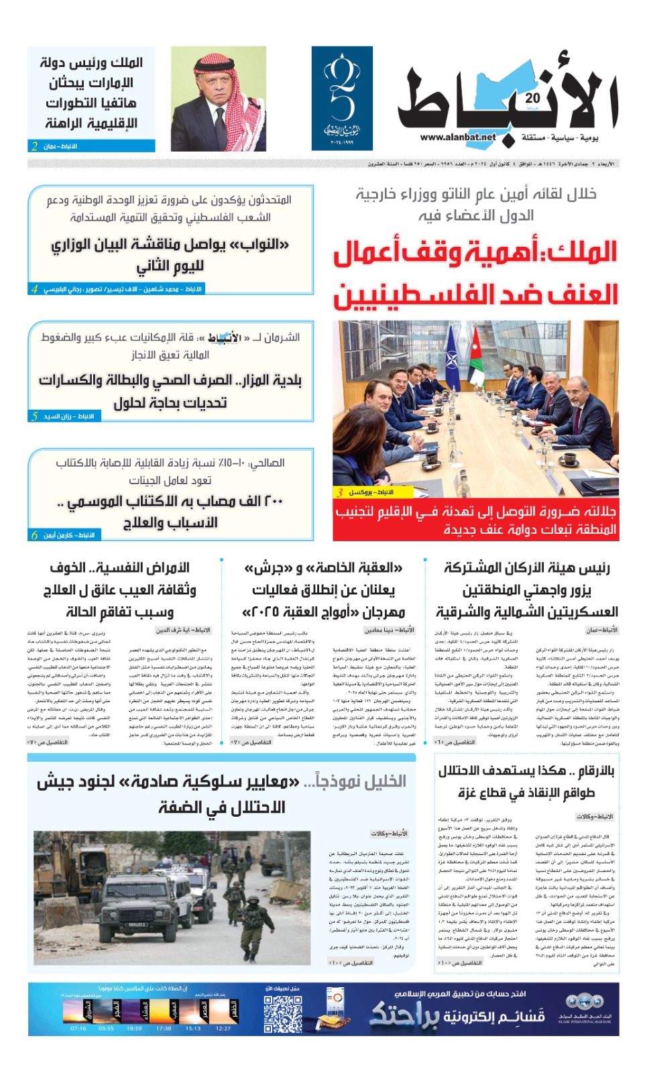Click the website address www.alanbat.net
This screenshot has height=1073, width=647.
(x=458, y=137)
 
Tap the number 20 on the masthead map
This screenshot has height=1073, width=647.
(x=532, y=98)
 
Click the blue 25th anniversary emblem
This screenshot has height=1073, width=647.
(x=342, y=98)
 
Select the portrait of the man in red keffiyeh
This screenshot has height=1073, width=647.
(x=218, y=98)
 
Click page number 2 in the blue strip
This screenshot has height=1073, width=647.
(x=34, y=146)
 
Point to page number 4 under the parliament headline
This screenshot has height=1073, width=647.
(x=34, y=289)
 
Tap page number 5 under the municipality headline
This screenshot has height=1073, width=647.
(x=34, y=416)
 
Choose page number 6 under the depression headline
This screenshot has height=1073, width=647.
(x=34, y=535)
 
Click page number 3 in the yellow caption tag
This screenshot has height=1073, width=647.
(x=340, y=492)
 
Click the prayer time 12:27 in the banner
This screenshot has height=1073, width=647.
(x=223, y=1028)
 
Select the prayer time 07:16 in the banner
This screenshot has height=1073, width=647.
(x=78, y=1028)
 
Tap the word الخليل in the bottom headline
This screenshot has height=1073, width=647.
(x=379, y=782)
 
